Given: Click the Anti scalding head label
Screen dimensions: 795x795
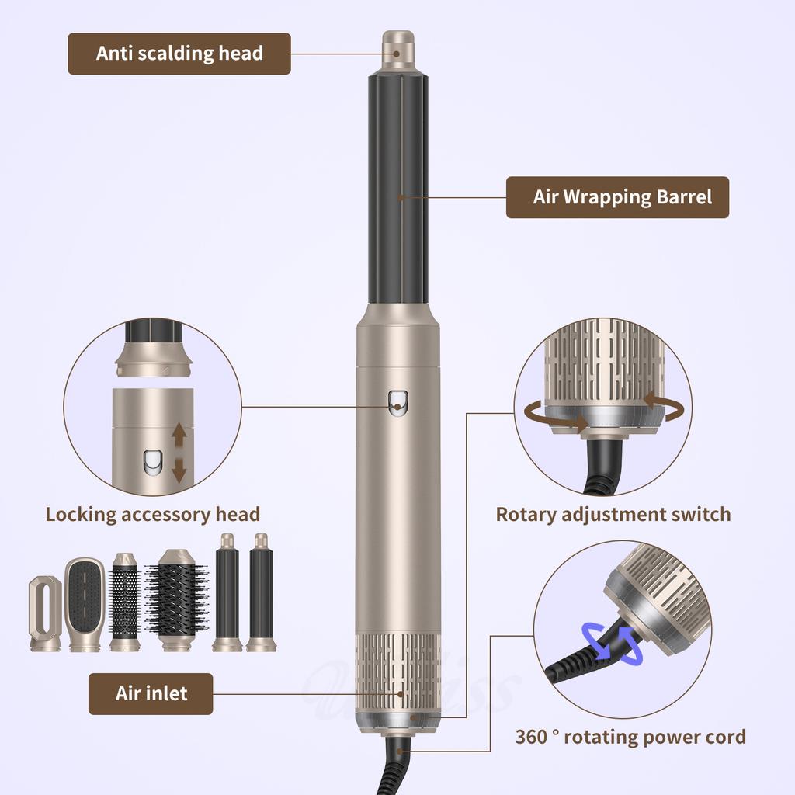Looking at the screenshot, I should pyautogui.click(x=179, y=54).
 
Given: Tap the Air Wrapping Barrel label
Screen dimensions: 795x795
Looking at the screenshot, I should pyautogui.click(x=617, y=197).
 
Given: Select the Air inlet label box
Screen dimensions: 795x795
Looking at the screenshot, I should pyautogui.click(x=151, y=693).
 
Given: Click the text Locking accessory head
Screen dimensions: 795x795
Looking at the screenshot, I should pyautogui.click(x=152, y=514).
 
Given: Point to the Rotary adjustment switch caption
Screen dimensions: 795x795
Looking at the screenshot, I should pyautogui.click(x=613, y=514).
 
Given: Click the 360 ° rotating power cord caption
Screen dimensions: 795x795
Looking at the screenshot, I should pyautogui.click(x=630, y=737).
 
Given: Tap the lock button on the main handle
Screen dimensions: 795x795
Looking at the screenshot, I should pyautogui.click(x=397, y=401).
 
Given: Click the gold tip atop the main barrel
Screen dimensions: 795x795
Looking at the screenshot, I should pyautogui.click(x=397, y=49).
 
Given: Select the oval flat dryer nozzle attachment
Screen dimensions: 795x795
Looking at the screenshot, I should pyautogui.click(x=45, y=612).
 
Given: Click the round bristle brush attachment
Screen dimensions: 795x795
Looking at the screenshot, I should pyautogui.click(x=176, y=600).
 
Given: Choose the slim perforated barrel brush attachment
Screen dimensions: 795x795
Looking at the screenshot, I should pyautogui.click(x=124, y=602).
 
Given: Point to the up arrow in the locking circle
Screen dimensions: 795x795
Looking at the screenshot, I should pyautogui.click(x=179, y=436).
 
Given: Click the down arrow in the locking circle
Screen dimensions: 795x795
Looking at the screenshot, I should pyautogui.click(x=179, y=468).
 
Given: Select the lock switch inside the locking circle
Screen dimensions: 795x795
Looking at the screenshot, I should pyautogui.click(x=151, y=463).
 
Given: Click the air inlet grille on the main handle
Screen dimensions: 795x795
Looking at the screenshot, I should pyautogui.click(x=397, y=671).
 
